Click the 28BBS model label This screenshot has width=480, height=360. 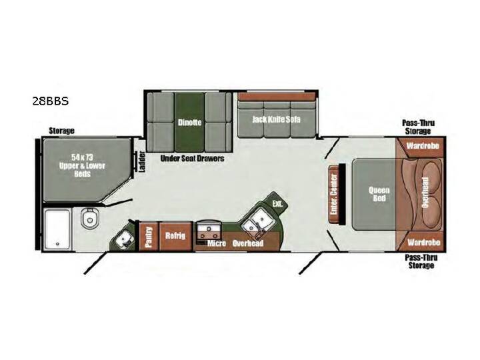51,101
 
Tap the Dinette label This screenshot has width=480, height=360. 190,123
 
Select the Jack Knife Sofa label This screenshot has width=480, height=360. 276,119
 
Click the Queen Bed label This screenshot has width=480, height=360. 379,194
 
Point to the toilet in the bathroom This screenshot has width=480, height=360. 90,218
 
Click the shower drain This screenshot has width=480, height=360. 57,244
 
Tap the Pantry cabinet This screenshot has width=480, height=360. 149,236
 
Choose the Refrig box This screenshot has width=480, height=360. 176,236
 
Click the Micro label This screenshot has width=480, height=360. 217,243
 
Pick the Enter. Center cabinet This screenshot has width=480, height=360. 334,194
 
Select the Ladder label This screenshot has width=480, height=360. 142,161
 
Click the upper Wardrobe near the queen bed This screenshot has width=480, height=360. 423,146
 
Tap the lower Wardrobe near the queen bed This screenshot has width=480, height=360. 424,242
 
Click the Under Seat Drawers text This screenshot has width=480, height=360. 192,158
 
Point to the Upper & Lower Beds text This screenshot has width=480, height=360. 82,165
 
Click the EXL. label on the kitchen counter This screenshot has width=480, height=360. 277,203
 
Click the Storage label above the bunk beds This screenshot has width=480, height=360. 61,131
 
